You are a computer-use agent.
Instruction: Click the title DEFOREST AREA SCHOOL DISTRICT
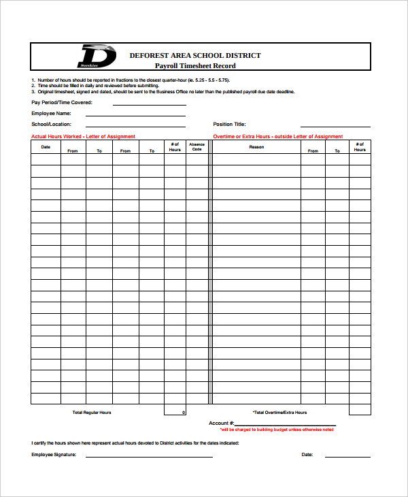(x=195, y=55)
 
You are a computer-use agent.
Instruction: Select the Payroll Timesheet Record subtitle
(x=195, y=66)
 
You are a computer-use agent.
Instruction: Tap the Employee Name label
(x=52, y=114)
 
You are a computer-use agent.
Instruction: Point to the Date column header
(x=46, y=146)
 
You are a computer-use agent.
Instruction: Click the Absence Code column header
(x=197, y=146)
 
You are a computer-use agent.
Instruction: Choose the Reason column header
(x=256, y=146)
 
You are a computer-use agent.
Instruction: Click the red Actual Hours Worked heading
(x=84, y=136)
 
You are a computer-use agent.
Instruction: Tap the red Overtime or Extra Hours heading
(x=277, y=136)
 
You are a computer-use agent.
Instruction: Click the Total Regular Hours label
(x=92, y=413)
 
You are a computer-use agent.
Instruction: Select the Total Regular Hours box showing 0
(x=175, y=411)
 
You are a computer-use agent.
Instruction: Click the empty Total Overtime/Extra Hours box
(x=360, y=410)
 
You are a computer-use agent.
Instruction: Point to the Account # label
(x=222, y=423)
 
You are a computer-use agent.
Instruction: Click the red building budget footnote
(x=277, y=430)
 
